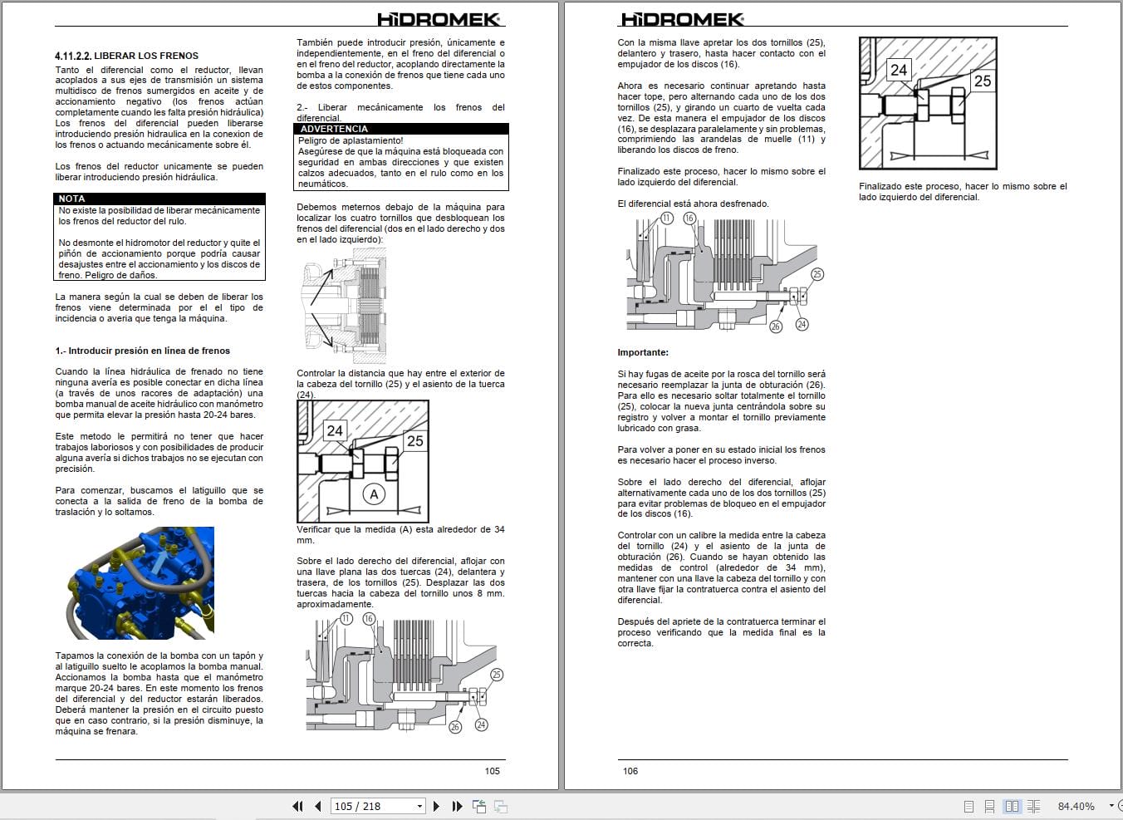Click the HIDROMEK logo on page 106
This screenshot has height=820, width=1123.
682,19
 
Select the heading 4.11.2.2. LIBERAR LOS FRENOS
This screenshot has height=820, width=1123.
127,56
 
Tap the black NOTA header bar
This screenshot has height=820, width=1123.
159,199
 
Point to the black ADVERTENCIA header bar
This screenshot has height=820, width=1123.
402,129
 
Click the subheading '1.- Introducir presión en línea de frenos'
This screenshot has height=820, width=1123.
143,351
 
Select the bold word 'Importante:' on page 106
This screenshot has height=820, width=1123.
643,352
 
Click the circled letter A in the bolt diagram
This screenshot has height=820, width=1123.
374,494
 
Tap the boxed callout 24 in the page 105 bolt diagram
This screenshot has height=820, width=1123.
335,430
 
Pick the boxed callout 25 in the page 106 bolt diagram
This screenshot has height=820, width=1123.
983,81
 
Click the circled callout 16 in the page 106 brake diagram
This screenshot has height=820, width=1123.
689,218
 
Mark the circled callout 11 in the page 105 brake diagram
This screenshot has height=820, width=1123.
346,619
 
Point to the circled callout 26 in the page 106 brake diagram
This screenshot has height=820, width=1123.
775,327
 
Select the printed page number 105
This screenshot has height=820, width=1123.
493,771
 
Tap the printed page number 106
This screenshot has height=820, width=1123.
630,771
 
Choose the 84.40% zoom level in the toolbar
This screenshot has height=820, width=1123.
1076,806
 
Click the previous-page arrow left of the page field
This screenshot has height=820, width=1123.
317,806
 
